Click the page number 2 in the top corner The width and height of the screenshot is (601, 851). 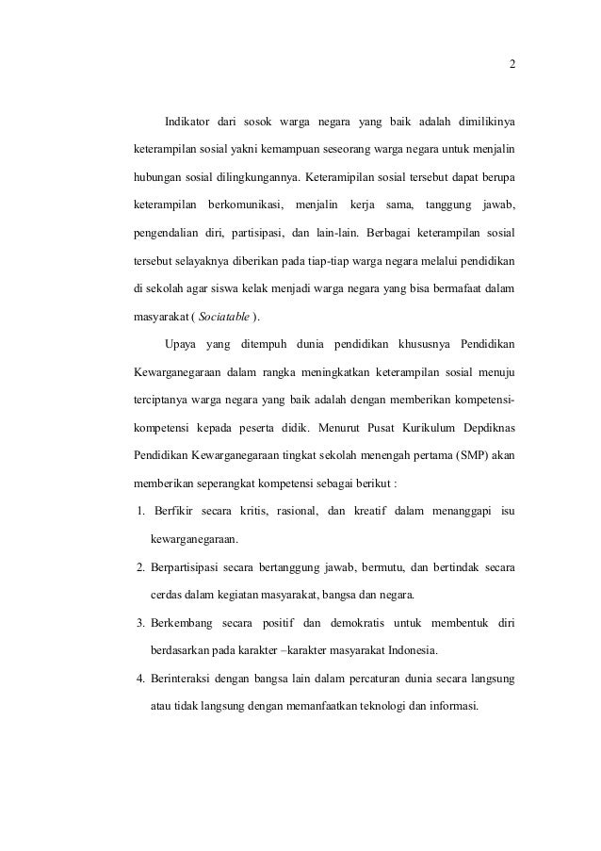[512, 65]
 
